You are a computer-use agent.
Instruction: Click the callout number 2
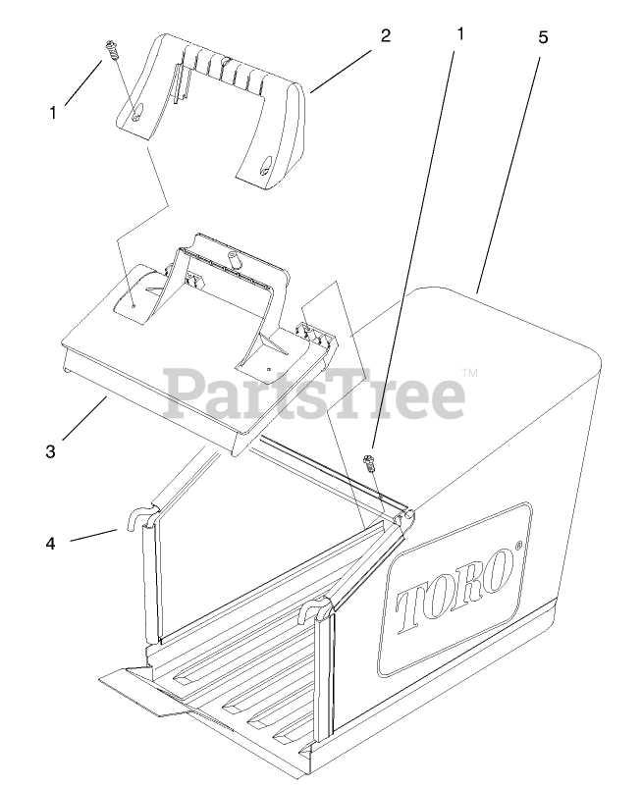[x=386, y=36]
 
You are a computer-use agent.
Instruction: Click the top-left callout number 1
[x=53, y=113]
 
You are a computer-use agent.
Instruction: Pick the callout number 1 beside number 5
[x=459, y=32]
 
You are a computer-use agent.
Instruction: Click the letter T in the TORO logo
[x=413, y=607]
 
